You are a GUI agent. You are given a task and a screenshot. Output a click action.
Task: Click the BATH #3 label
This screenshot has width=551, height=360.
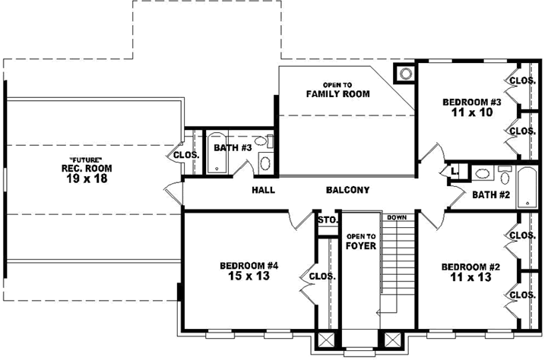pyautogui.click(x=232, y=147)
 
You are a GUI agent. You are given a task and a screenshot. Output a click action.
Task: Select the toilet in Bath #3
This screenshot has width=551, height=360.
pyautogui.click(x=264, y=141)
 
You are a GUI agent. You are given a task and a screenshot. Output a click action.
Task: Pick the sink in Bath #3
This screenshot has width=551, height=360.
pyautogui.click(x=264, y=162)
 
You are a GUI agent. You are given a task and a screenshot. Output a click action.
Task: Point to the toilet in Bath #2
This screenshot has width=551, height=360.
pyautogui.click(x=504, y=175)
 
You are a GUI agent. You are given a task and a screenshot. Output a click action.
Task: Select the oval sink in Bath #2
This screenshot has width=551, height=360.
pyautogui.click(x=481, y=174)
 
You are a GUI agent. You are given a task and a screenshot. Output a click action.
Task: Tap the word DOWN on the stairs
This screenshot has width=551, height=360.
pyautogui.click(x=396, y=217)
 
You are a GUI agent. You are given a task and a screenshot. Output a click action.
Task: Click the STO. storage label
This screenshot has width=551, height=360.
pyautogui.click(x=327, y=221)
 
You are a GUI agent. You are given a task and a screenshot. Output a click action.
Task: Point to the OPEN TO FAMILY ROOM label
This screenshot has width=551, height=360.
pyautogui.click(x=337, y=90)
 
